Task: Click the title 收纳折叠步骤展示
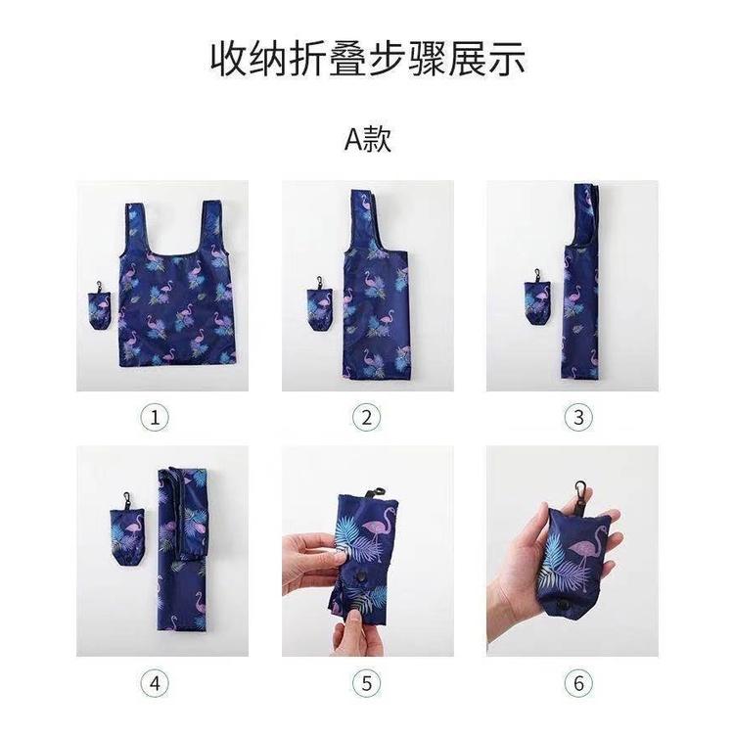point(367,58)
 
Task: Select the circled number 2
point(366,418)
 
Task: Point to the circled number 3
point(578,418)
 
